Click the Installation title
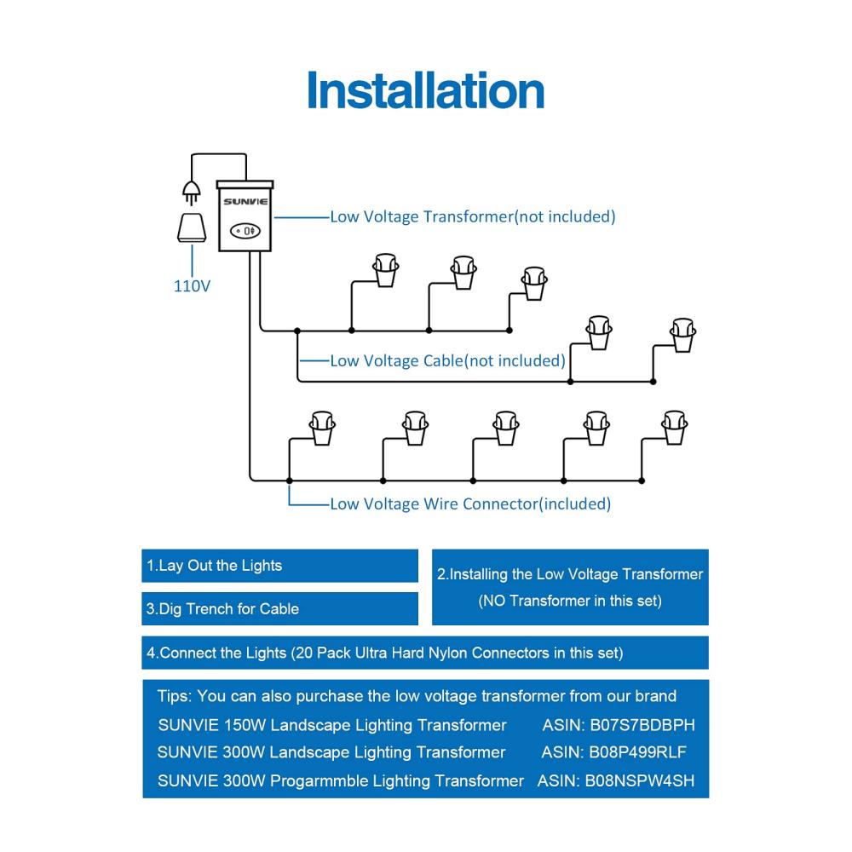(425, 90)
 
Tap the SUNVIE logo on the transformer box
(245, 202)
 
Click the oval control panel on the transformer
(245, 231)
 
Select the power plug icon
(191, 193)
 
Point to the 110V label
(192, 285)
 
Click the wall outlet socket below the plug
(192, 227)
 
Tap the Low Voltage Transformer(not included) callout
(473, 216)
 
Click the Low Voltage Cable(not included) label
(448, 360)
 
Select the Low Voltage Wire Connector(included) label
(470, 504)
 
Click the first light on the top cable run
(386, 270)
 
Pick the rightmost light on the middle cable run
(683, 335)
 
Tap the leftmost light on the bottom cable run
(322, 429)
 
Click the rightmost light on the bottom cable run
(675, 428)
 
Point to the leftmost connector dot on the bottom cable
(290, 481)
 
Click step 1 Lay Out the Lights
(214, 566)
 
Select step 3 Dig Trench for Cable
(222, 608)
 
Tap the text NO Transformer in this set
(570, 601)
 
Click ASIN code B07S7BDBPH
(642, 725)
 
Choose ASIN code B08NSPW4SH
(640, 780)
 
